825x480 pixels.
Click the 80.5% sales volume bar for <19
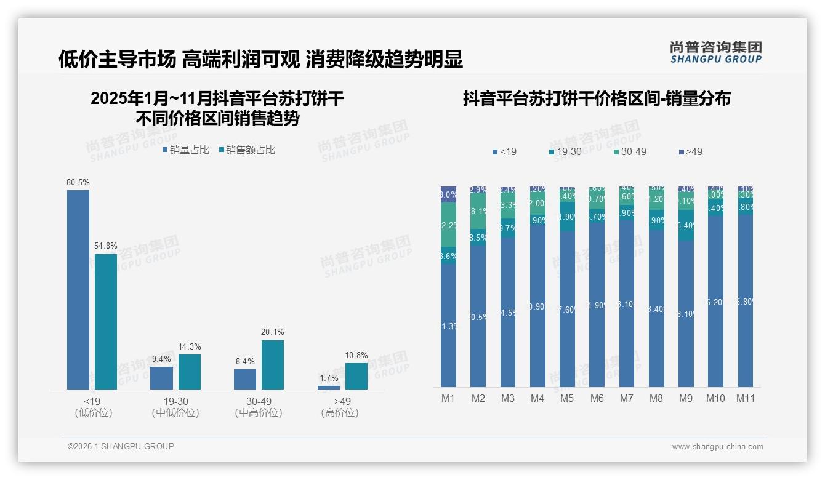click(x=78, y=289)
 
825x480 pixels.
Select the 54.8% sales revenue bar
click(x=106, y=321)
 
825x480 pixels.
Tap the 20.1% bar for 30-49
click(x=273, y=364)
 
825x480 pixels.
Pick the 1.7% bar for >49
click(x=329, y=387)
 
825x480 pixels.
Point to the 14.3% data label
click(x=190, y=347)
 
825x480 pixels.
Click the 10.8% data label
click(x=356, y=356)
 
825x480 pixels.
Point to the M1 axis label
click(x=448, y=399)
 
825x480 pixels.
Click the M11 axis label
click(x=746, y=399)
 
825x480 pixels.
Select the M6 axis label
click(x=597, y=399)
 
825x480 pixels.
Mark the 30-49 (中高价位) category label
click(x=259, y=407)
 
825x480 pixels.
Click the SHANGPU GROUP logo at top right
click(x=716, y=52)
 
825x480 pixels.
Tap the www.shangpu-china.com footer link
click(x=717, y=447)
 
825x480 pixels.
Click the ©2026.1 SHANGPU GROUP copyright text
click(x=121, y=446)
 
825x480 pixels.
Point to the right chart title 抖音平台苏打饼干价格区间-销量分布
click(x=597, y=99)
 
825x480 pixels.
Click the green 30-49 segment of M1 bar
click(x=449, y=225)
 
